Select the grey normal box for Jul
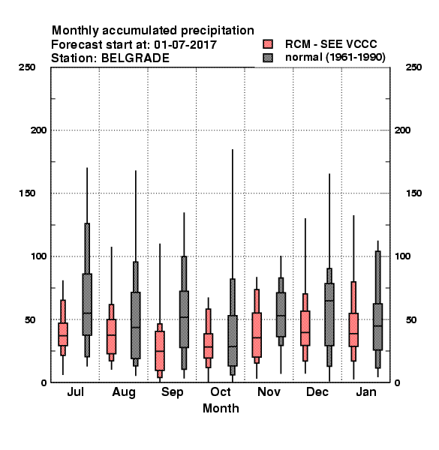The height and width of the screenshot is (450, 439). (x=87, y=304)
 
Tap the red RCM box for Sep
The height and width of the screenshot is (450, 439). (x=160, y=351)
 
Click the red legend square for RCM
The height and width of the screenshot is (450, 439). (x=268, y=44)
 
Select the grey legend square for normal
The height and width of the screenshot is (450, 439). (x=268, y=58)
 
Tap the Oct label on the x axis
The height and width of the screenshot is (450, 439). (x=221, y=391)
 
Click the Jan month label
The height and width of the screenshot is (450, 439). (x=366, y=391)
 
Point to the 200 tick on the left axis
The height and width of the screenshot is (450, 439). (x=38, y=130)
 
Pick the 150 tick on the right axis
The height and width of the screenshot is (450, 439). (x=413, y=193)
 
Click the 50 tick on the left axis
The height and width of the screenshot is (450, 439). (x=31, y=319)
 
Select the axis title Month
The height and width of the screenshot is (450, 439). (x=221, y=409)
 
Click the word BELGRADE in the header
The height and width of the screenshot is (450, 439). (x=136, y=58)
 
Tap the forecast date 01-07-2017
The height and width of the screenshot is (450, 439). (x=185, y=45)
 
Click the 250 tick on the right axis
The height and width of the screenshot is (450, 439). (x=413, y=67)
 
